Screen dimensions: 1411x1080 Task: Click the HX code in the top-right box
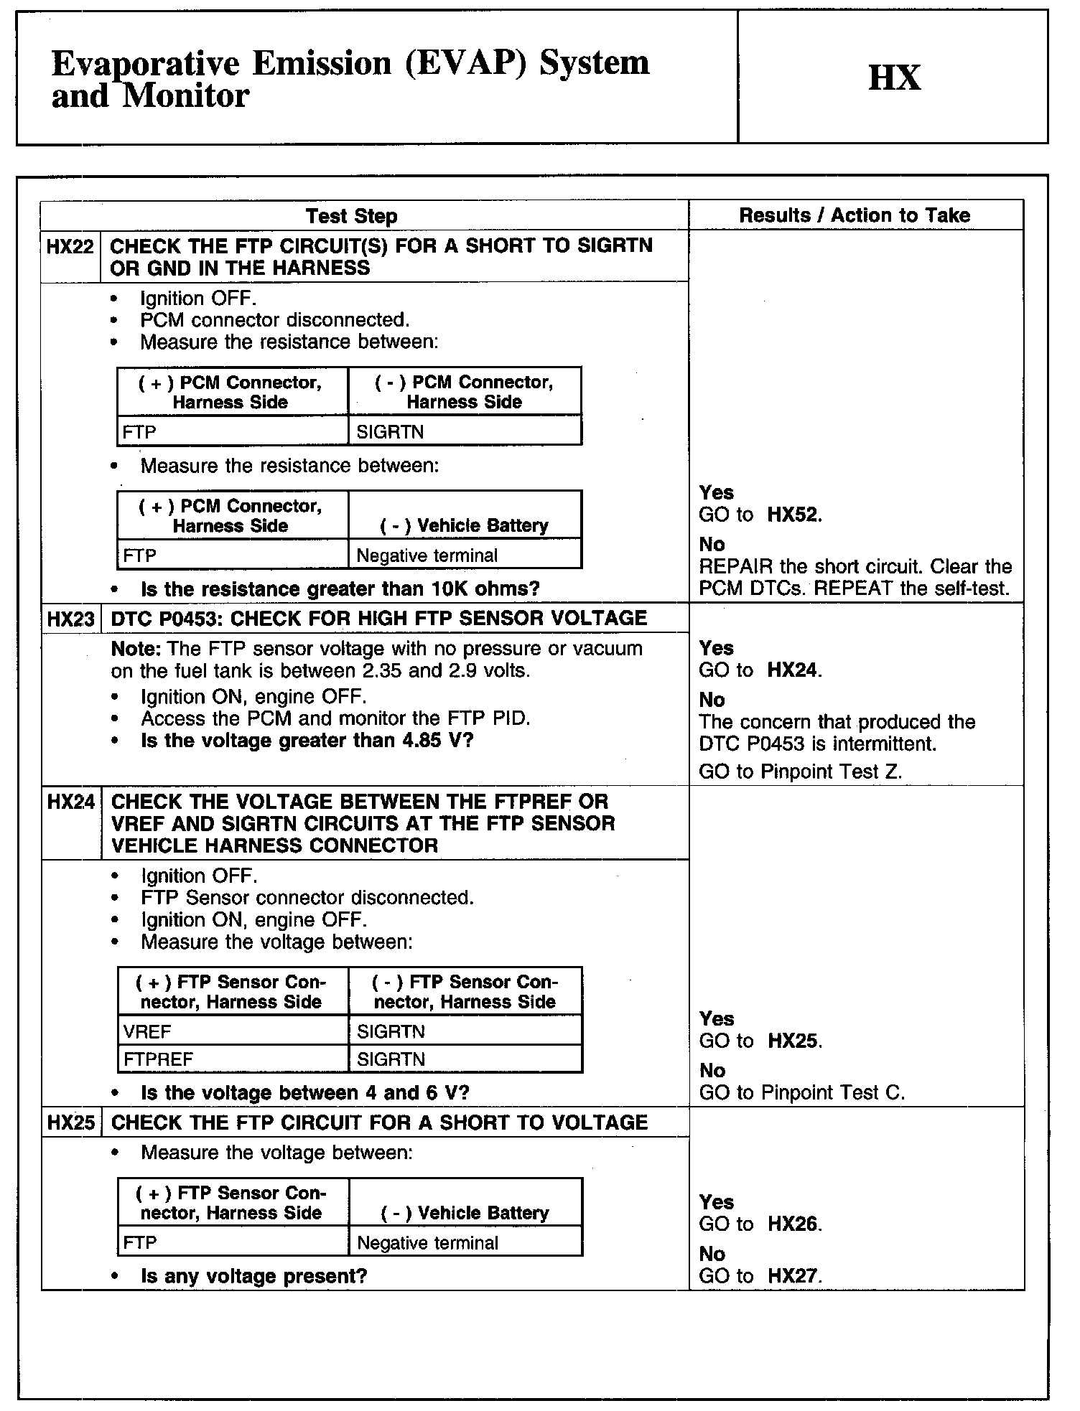point(894,78)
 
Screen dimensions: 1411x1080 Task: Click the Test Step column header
point(351,216)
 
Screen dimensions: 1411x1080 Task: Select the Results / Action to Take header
point(855,215)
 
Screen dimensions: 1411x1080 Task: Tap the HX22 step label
point(70,247)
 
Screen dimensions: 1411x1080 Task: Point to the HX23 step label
point(70,619)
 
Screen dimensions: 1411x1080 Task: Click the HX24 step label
point(70,802)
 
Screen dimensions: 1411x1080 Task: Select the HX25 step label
point(70,1122)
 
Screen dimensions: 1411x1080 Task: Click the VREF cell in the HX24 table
point(147,1032)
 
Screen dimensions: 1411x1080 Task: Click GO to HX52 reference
point(760,515)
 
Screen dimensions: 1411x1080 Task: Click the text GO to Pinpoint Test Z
point(800,772)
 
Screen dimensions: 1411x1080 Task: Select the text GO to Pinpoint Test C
point(801,1093)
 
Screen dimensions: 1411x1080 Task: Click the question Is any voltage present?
point(254,1276)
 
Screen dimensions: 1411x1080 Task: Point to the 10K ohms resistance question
point(340,589)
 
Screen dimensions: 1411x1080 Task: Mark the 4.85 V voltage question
point(307,741)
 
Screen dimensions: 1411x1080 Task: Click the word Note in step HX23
point(136,649)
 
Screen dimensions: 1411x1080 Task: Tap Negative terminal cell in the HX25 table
point(427,1243)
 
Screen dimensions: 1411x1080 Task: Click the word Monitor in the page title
point(186,95)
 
